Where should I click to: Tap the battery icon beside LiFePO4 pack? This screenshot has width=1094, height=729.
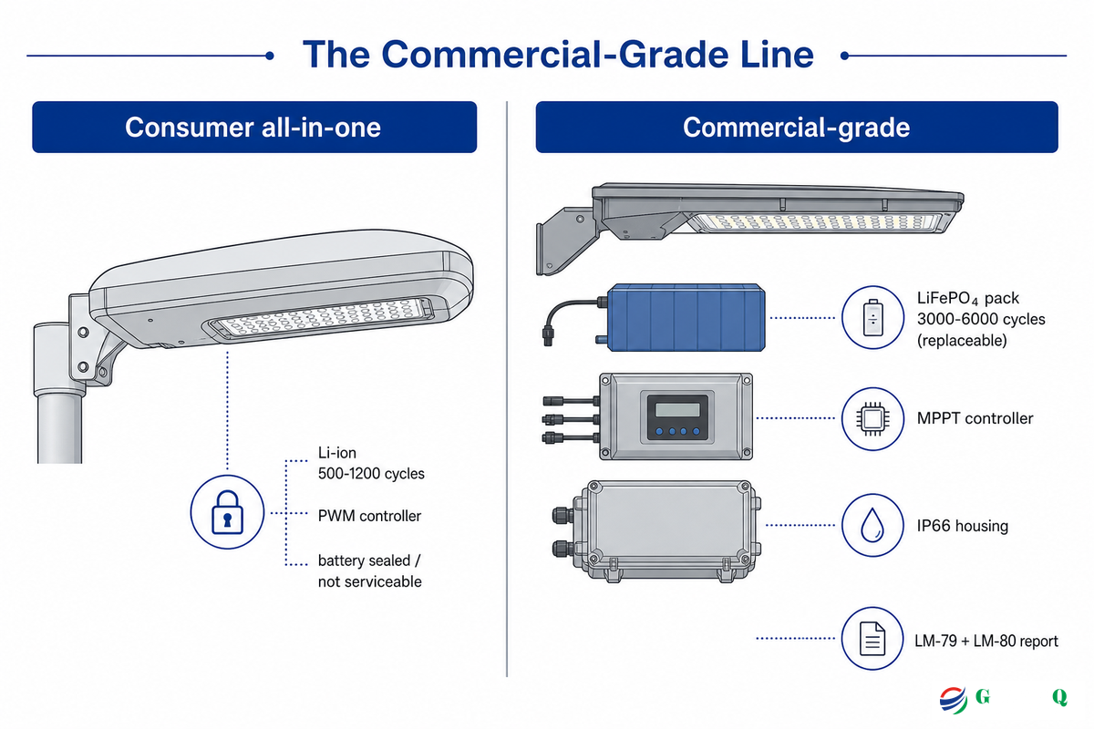click(872, 317)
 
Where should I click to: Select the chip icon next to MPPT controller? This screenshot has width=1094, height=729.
click(872, 418)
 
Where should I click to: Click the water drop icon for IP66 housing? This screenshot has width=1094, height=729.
click(872, 525)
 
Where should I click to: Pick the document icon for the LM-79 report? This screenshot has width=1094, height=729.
click(872, 638)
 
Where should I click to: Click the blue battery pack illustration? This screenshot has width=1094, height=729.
click(686, 317)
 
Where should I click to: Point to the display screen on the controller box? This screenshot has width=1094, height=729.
click(677, 409)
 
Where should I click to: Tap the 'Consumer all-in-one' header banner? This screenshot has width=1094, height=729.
click(254, 127)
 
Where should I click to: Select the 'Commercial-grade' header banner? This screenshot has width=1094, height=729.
click(797, 127)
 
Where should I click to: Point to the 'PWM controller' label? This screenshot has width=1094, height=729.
click(369, 516)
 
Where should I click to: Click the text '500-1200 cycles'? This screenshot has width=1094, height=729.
click(371, 474)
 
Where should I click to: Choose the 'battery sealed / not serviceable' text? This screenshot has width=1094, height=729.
click(370, 570)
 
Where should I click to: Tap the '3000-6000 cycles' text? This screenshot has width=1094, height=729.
click(981, 319)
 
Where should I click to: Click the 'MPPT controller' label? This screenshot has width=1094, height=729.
click(975, 418)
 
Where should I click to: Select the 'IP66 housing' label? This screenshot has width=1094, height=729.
click(962, 526)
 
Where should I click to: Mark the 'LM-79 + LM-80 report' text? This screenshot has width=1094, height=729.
click(986, 641)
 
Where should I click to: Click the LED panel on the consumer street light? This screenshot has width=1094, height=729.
click(320, 319)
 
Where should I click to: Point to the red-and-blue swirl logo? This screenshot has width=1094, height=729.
click(953, 700)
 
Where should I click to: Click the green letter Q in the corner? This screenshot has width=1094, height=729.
click(1059, 697)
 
